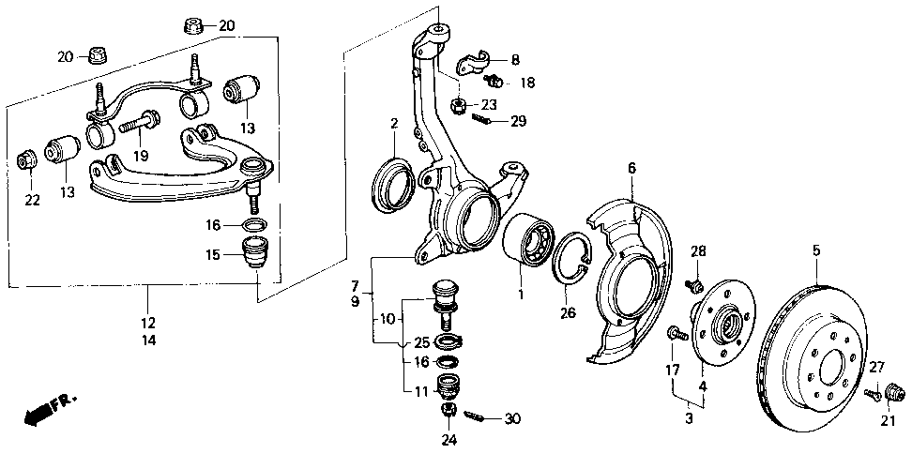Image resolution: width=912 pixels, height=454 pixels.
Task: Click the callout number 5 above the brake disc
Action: (x=816, y=250)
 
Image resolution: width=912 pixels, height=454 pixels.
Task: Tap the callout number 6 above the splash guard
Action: (x=631, y=168)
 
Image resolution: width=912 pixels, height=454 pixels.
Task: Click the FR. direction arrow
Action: (x=46, y=409)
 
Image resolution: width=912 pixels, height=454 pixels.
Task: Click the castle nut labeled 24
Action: (x=448, y=413)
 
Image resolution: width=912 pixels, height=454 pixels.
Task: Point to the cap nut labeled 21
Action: (x=893, y=393)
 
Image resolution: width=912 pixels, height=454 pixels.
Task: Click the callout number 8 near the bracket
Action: (x=515, y=59)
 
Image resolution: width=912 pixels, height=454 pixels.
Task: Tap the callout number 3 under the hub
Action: (x=690, y=416)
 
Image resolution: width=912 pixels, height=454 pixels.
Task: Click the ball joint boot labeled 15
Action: (x=254, y=252)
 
